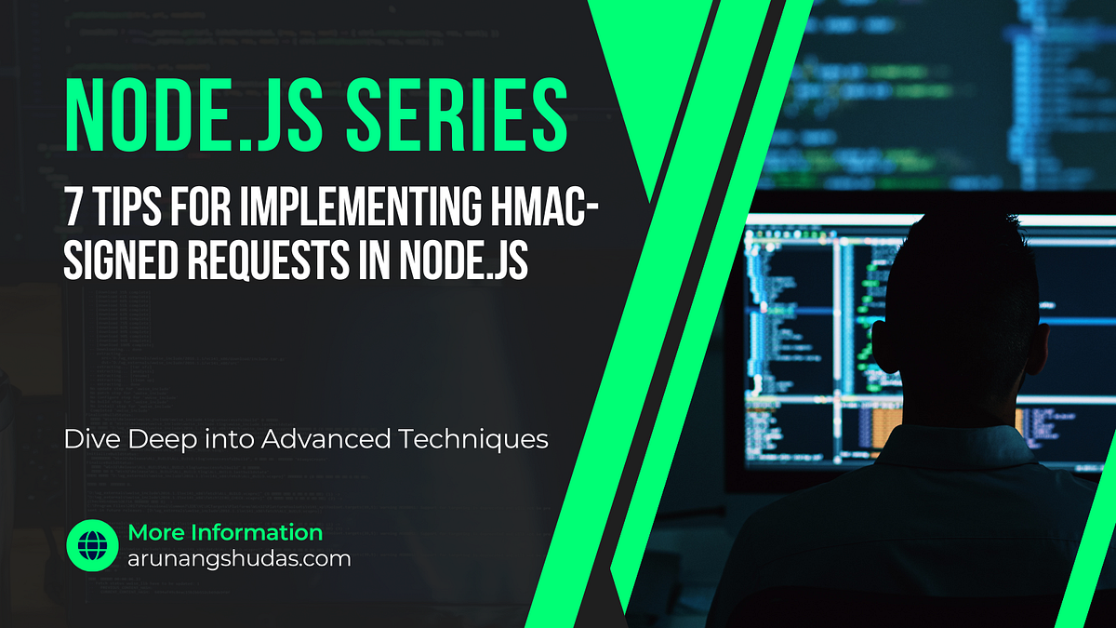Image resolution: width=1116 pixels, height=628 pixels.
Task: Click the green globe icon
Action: pos(91,545)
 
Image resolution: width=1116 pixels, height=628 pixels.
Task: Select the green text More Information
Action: pos(225,533)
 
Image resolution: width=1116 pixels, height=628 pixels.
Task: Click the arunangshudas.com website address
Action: pos(239,559)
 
